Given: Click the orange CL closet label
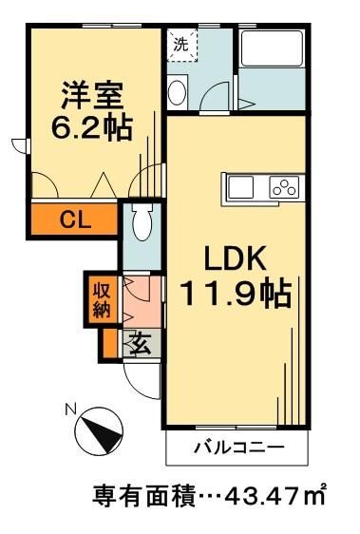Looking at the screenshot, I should tap(74, 220).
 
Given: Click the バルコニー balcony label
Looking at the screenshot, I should tap(237, 446).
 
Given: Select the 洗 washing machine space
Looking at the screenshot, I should tap(179, 44).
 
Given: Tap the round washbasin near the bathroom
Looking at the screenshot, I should tap(177, 92).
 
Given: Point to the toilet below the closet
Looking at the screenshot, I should tap(142, 224).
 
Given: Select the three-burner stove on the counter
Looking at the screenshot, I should tap(285, 186).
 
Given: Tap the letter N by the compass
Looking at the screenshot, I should tap(68, 410).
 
